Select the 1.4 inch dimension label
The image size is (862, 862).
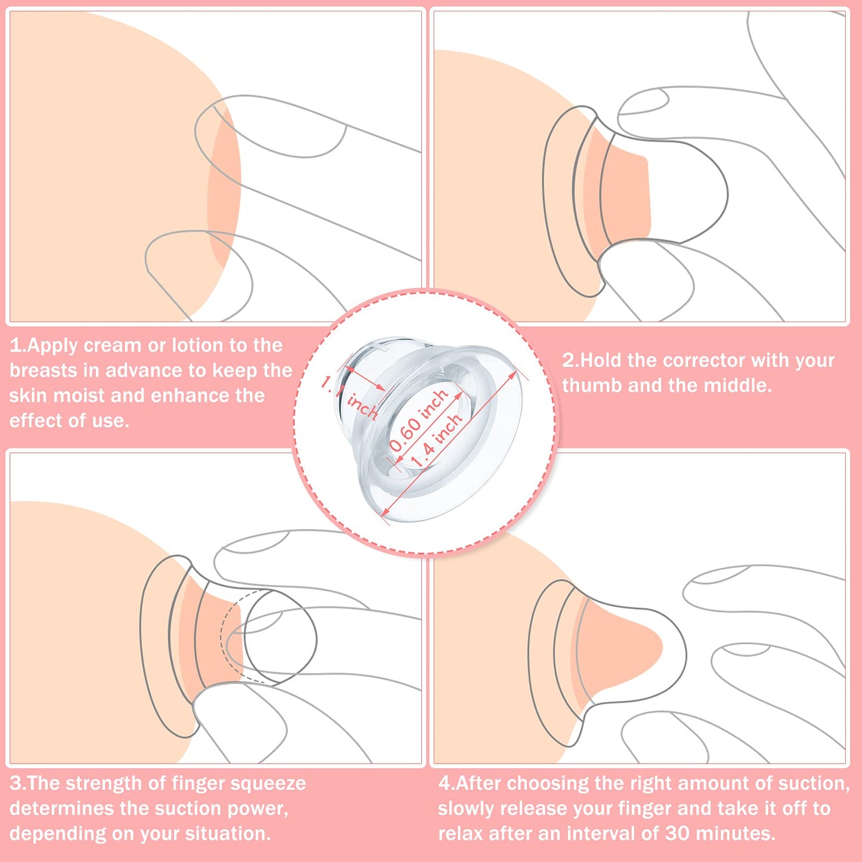(x=437, y=440)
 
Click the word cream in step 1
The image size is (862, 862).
(x=113, y=345)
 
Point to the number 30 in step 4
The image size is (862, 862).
(x=677, y=833)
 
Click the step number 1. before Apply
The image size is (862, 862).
(x=17, y=345)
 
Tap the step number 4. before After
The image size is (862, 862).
(x=446, y=783)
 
